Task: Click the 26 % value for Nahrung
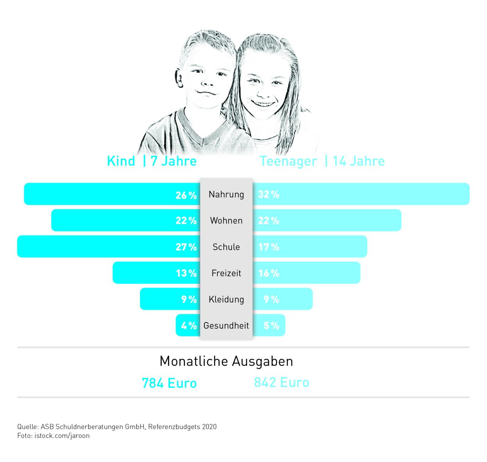click(186, 195)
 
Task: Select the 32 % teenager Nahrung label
click(269, 194)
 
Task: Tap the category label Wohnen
click(226, 221)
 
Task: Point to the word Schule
click(226, 247)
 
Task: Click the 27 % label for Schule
click(186, 247)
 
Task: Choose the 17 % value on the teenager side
click(269, 247)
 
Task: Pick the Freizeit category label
click(226, 273)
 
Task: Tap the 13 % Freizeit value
click(186, 273)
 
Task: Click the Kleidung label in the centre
click(226, 300)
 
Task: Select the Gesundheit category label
click(226, 326)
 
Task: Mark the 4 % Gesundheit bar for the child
click(188, 326)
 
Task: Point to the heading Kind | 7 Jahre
click(152, 161)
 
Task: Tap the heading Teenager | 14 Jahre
click(322, 161)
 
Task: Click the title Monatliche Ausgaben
click(226, 361)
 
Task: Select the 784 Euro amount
click(169, 383)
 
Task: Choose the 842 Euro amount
click(281, 383)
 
